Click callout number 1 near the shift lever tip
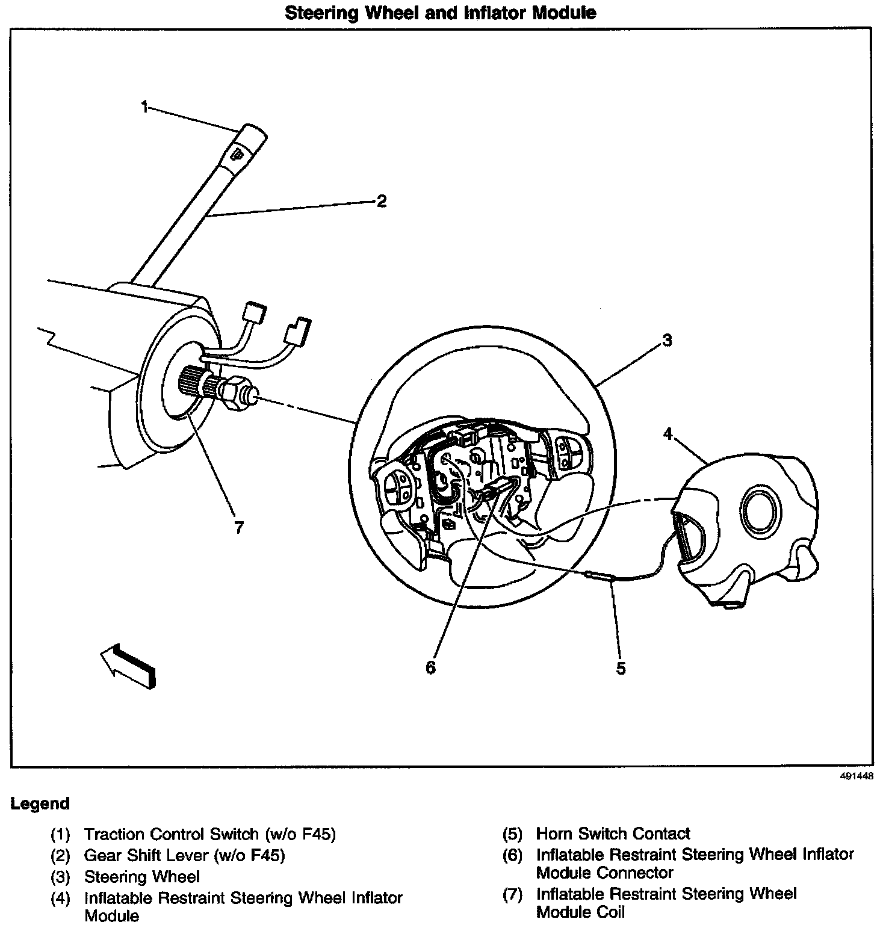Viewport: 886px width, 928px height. tap(144, 107)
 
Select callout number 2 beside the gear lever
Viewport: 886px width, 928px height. tap(381, 201)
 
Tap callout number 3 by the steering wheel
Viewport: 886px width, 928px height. tap(666, 341)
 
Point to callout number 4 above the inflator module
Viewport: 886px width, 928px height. tap(668, 433)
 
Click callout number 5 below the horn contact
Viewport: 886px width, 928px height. tap(621, 668)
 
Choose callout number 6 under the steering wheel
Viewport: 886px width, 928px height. tap(430, 667)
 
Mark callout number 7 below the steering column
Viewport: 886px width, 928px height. tap(239, 528)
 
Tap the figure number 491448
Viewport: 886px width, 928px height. tap(856, 776)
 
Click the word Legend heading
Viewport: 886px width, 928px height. tap(40, 803)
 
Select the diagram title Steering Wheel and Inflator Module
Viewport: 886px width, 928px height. tap(440, 13)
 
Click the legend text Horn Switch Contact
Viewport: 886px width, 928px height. tap(613, 834)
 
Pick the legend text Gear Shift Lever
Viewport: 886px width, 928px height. tap(184, 855)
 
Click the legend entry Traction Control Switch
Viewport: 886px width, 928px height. tap(209, 834)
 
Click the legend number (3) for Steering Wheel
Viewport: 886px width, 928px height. tap(61, 877)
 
